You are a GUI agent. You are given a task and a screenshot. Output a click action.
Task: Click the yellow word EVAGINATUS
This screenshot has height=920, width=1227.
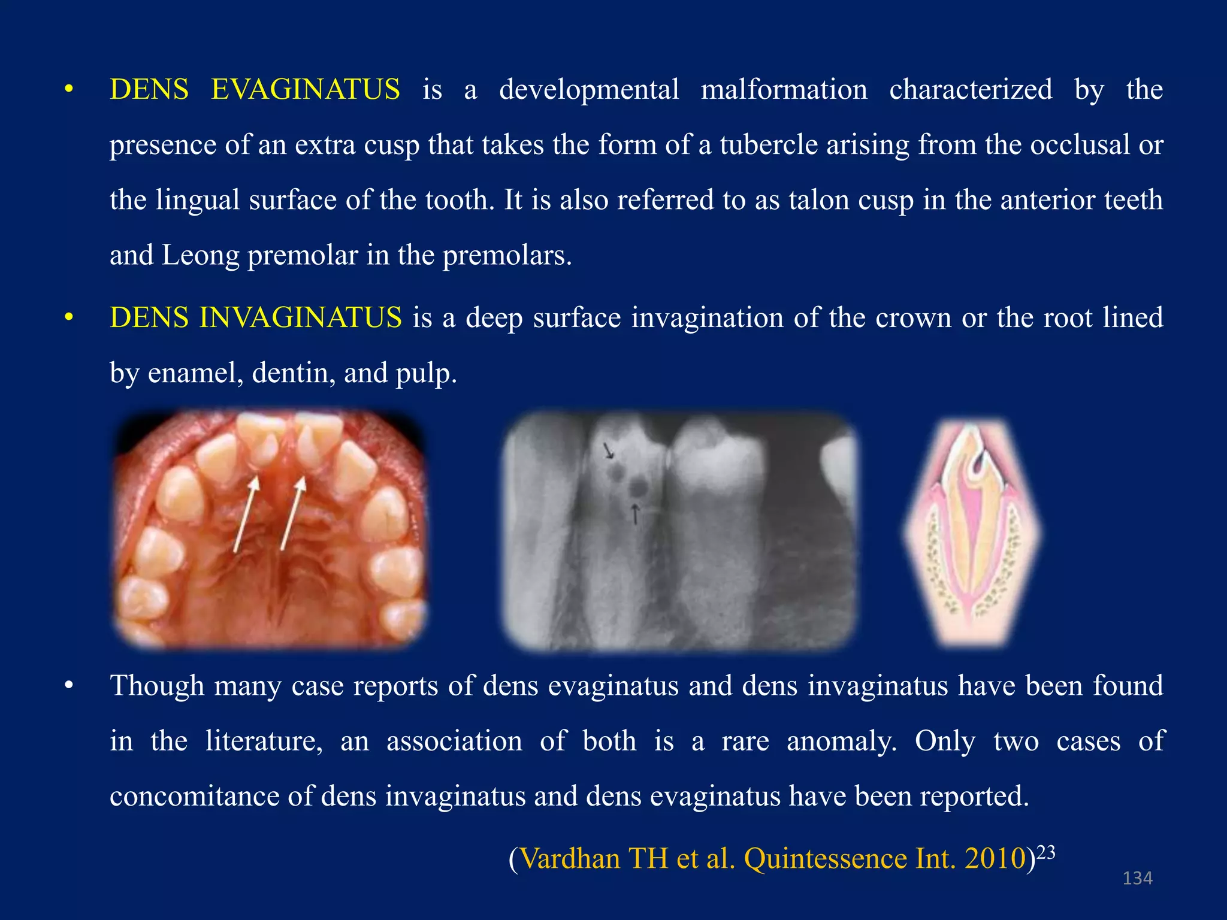tap(305, 90)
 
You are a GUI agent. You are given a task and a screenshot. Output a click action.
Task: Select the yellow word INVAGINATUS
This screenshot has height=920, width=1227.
tap(300, 317)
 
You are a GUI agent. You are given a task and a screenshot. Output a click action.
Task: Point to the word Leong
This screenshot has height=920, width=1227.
tap(200, 255)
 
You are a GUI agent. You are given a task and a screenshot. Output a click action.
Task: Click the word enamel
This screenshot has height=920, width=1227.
tap(195, 373)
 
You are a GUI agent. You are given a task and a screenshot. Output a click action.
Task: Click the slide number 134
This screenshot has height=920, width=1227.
tap(1137, 878)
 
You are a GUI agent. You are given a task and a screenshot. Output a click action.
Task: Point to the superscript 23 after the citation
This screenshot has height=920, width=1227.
tap(1045, 852)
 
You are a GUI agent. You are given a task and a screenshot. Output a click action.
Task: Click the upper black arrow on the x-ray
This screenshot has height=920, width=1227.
tap(609, 450)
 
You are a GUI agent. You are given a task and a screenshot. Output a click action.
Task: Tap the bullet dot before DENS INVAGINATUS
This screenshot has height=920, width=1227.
tap(69, 317)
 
